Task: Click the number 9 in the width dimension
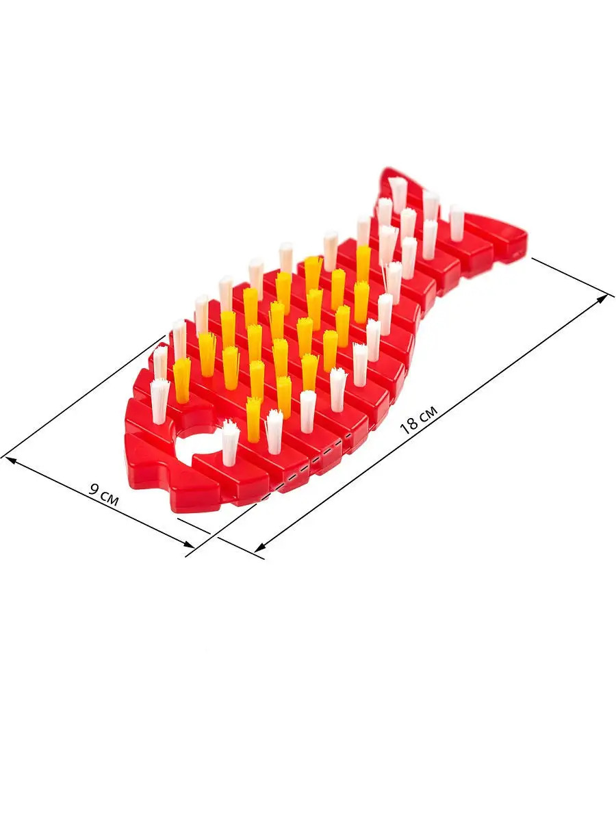[x=94, y=488]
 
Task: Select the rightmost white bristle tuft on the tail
[x=457, y=222]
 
